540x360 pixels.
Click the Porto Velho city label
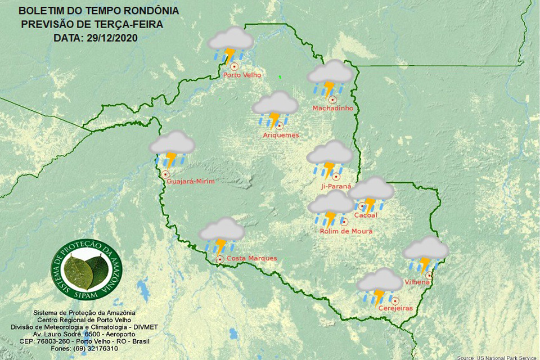pyautogui.click(x=242, y=75)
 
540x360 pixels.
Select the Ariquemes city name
pyautogui.click(x=281, y=135)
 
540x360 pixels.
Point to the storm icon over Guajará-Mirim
pyautogui.click(x=172, y=149)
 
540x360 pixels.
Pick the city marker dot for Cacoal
pyautogui.click(x=362, y=206)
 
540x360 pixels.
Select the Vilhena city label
pyautogui.click(x=417, y=281)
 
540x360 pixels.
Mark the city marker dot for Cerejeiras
pyautogui.click(x=395, y=300)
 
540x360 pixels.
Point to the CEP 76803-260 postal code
pyautogui.click(x=57, y=341)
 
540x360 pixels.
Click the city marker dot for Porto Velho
pyautogui.click(x=234, y=66)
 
